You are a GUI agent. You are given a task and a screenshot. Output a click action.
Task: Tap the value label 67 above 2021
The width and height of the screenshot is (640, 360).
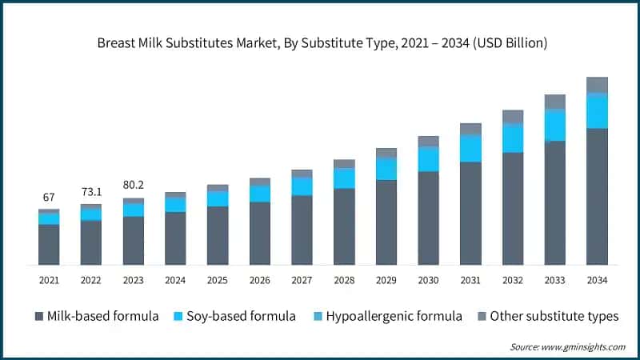(x=49, y=198)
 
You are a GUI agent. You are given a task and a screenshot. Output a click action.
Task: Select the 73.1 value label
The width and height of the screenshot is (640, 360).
(x=91, y=192)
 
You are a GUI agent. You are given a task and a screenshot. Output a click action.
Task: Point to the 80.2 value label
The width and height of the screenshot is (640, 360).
(x=133, y=186)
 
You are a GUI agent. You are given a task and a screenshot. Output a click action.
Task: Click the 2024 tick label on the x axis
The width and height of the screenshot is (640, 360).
(x=175, y=280)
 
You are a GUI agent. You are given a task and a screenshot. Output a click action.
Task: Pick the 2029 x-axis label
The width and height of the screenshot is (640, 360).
(x=386, y=280)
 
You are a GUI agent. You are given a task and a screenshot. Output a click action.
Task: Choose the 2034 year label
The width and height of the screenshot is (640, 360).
(x=597, y=280)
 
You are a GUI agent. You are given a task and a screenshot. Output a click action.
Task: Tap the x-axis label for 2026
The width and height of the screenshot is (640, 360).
(x=260, y=280)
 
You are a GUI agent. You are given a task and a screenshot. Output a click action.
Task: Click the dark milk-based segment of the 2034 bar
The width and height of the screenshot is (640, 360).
(x=597, y=196)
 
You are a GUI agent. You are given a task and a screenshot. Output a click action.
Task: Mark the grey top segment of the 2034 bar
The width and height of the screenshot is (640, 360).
(x=597, y=85)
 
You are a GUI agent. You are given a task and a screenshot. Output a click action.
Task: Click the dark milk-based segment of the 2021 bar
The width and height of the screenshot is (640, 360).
(x=49, y=244)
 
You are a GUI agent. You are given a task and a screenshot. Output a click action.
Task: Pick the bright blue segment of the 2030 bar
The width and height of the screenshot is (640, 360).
(x=429, y=159)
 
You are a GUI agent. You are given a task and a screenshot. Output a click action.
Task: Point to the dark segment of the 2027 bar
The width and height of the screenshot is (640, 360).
(x=302, y=230)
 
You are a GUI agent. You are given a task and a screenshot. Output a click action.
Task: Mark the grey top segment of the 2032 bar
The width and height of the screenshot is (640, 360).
(x=513, y=117)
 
